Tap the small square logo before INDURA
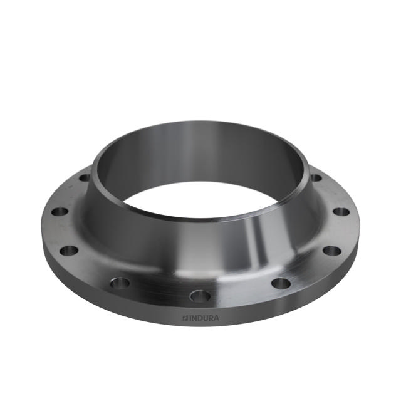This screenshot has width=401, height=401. coord(185,318)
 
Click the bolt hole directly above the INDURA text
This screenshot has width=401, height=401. coord(200,296)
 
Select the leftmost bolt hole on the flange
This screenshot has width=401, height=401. coord(60,212)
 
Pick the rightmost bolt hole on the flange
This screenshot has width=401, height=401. coord(341,212)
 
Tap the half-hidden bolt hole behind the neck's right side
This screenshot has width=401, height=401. coord(316,178)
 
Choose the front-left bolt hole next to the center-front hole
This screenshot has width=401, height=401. coord(120,283)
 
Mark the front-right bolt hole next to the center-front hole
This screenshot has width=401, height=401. coord(281,283)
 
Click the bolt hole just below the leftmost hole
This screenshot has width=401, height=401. coord(69,251)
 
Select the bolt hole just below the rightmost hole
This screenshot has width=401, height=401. coord(331,251)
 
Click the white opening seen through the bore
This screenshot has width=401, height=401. coord(200,199)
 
